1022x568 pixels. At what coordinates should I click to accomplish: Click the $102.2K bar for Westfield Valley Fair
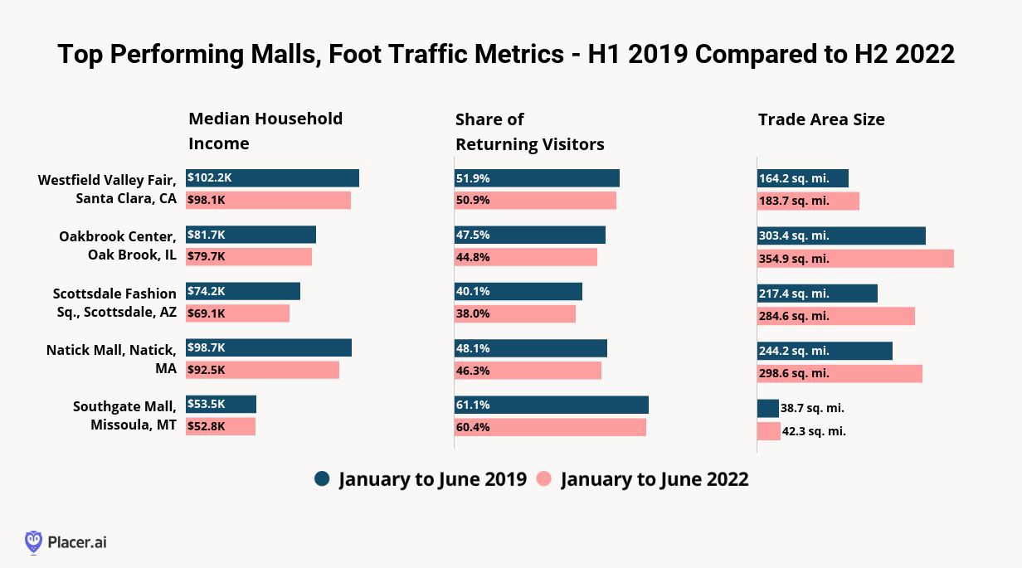click(x=272, y=178)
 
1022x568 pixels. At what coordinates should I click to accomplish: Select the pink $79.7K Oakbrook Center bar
click(x=249, y=257)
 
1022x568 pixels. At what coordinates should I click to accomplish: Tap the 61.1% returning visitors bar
click(x=551, y=405)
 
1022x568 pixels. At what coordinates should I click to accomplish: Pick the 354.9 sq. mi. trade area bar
click(x=855, y=259)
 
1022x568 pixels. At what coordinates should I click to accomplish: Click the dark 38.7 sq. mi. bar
click(x=767, y=409)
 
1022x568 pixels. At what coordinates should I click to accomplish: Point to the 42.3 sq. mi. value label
click(x=814, y=431)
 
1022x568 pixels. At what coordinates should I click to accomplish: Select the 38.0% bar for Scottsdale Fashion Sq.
click(x=514, y=313)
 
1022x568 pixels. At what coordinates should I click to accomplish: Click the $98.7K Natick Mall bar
click(x=269, y=347)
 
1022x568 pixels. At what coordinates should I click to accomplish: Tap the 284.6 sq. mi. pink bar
click(x=835, y=316)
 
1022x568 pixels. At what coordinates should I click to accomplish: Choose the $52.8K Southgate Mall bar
click(x=221, y=426)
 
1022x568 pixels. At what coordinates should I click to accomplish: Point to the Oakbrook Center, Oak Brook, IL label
click(x=118, y=245)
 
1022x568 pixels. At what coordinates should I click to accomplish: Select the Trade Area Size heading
click(x=821, y=119)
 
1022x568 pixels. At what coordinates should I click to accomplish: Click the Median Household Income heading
click(x=265, y=131)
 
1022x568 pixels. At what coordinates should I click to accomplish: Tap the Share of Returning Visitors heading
click(x=529, y=132)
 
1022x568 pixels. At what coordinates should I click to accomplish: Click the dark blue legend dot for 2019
click(x=323, y=479)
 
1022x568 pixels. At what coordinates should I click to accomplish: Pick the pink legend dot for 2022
click(x=544, y=479)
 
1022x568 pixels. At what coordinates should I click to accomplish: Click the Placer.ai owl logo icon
click(x=33, y=542)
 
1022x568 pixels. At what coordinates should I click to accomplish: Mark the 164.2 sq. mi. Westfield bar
click(x=803, y=178)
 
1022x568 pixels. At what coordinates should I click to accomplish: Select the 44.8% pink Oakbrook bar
click(x=525, y=257)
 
